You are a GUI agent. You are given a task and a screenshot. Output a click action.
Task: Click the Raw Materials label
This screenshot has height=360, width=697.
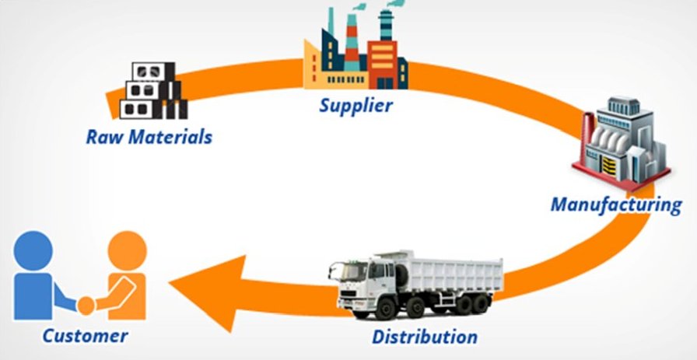149,138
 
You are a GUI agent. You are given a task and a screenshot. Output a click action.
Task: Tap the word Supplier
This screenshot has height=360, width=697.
356,104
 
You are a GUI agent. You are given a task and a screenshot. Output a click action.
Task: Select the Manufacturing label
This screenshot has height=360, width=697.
616,205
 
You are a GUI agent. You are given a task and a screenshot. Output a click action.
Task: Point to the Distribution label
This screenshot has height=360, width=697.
424,337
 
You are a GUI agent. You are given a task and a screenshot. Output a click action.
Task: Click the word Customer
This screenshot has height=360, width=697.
85,336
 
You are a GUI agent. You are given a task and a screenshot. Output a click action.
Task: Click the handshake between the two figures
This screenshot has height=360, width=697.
87,306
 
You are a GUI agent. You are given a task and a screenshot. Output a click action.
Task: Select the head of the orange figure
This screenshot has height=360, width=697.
126,248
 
